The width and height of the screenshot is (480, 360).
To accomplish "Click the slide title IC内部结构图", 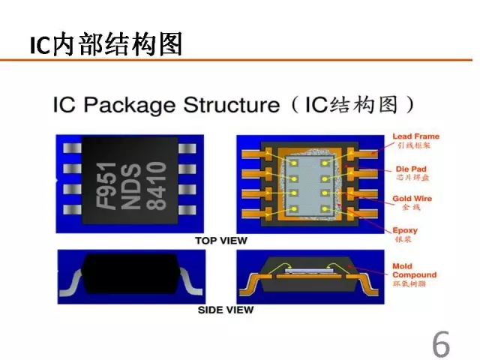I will [x=106, y=45].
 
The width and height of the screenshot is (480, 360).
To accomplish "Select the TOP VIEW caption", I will [x=221, y=241].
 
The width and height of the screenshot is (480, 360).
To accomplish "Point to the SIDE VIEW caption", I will [x=225, y=309].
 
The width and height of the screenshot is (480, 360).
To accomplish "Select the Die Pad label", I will [x=410, y=169].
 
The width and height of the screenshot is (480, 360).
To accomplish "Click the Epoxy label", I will [x=405, y=230].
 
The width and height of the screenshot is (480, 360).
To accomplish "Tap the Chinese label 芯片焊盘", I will [x=409, y=178].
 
